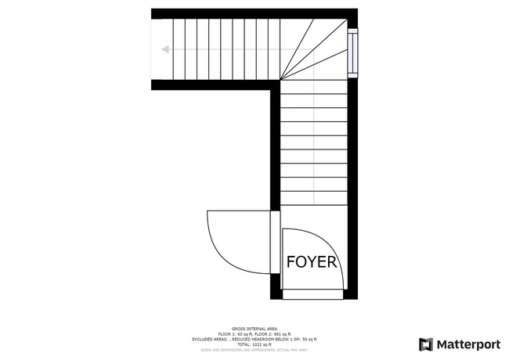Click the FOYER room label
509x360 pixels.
click(x=312, y=262)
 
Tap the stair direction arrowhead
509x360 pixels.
click(x=165, y=49)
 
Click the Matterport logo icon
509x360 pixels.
click(x=426, y=344)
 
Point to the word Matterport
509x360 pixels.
click(x=468, y=344)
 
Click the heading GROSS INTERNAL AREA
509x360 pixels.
click(x=254, y=329)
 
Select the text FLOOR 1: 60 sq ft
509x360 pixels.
click(x=236, y=334)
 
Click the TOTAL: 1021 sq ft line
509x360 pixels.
click(x=254, y=344)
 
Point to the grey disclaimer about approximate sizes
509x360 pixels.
click(x=254, y=350)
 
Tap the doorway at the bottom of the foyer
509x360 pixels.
click(x=312, y=294)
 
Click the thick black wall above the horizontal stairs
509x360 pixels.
click(x=235, y=13)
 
